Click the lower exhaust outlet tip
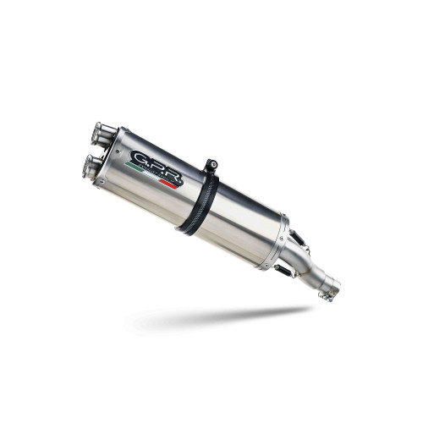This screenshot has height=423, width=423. pyautogui.click(x=91, y=167)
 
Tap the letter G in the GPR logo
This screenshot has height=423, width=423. pyautogui.click(x=140, y=158)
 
